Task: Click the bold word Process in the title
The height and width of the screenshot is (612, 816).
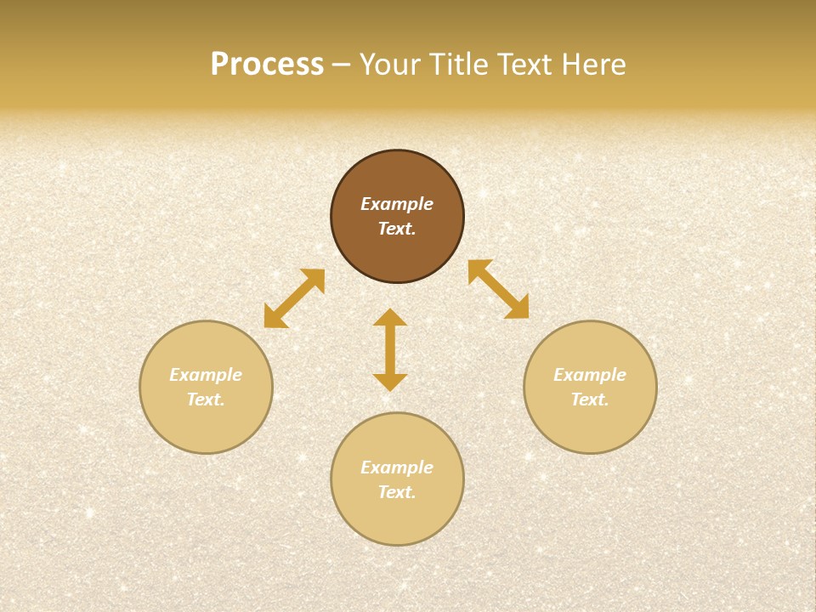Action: tap(267, 65)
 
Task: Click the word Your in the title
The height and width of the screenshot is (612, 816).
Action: tap(390, 65)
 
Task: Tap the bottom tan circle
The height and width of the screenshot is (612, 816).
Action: tap(397, 518)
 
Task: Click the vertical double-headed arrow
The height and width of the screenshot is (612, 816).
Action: tap(390, 349)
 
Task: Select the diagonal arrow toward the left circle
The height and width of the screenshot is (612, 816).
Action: tap(294, 298)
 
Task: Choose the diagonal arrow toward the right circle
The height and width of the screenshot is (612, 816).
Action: tap(498, 289)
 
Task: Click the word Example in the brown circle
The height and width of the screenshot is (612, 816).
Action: tap(397, 204)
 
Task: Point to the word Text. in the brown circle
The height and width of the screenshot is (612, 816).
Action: tap(397, 229)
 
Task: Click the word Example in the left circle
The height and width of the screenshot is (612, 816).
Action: tap(206, 375)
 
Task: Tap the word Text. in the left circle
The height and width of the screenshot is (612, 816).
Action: tap(206, 399)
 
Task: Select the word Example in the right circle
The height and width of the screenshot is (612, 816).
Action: tap(590, 375)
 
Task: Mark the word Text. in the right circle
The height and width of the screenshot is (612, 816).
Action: tap(590, 399)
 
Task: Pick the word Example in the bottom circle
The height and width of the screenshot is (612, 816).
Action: tap(397, 467)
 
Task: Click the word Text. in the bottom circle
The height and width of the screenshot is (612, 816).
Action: tap(397, 492)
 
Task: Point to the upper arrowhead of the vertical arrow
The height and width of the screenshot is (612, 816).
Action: tap(390, 317)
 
